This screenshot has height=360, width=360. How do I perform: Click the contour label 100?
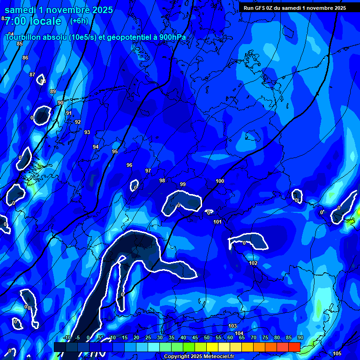(x=220, y=181)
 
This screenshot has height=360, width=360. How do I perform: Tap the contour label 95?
(x=115, y=151)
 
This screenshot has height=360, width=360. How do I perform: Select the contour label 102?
(x=253, y=263)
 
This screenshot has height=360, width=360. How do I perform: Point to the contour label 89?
(x=53, y=91)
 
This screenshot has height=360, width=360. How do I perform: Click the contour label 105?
(x=337, y=353)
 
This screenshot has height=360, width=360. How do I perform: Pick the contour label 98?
(x=162, y=180)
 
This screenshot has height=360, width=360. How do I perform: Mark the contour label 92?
(x=78, y=122)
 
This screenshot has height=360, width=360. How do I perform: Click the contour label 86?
(x=25, y=58)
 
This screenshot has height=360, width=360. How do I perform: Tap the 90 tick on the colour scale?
(x=300, y=338)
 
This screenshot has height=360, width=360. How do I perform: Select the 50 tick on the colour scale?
(x=206, y=338)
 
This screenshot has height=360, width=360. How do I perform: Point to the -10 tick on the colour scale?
(x=67, y=338)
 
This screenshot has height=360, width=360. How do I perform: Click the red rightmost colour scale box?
(x=294, y=347)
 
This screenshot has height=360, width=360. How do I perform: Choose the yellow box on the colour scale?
(x=212, y=347)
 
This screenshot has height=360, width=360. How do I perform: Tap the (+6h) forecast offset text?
(x=79, y=21)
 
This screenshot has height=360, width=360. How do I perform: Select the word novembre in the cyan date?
(x=68, y=9)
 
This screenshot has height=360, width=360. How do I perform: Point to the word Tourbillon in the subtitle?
(x=24, y=37)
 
